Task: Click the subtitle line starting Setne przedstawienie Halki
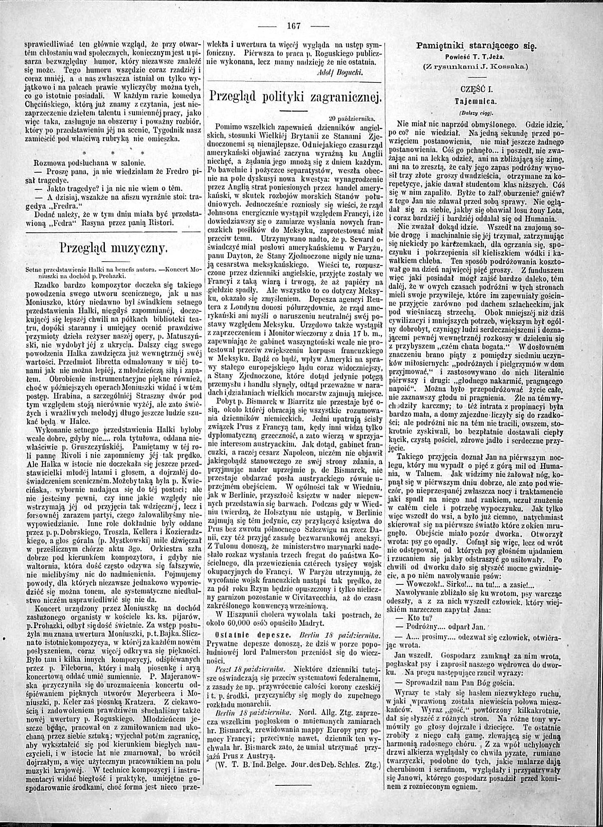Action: tap(113, 269)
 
